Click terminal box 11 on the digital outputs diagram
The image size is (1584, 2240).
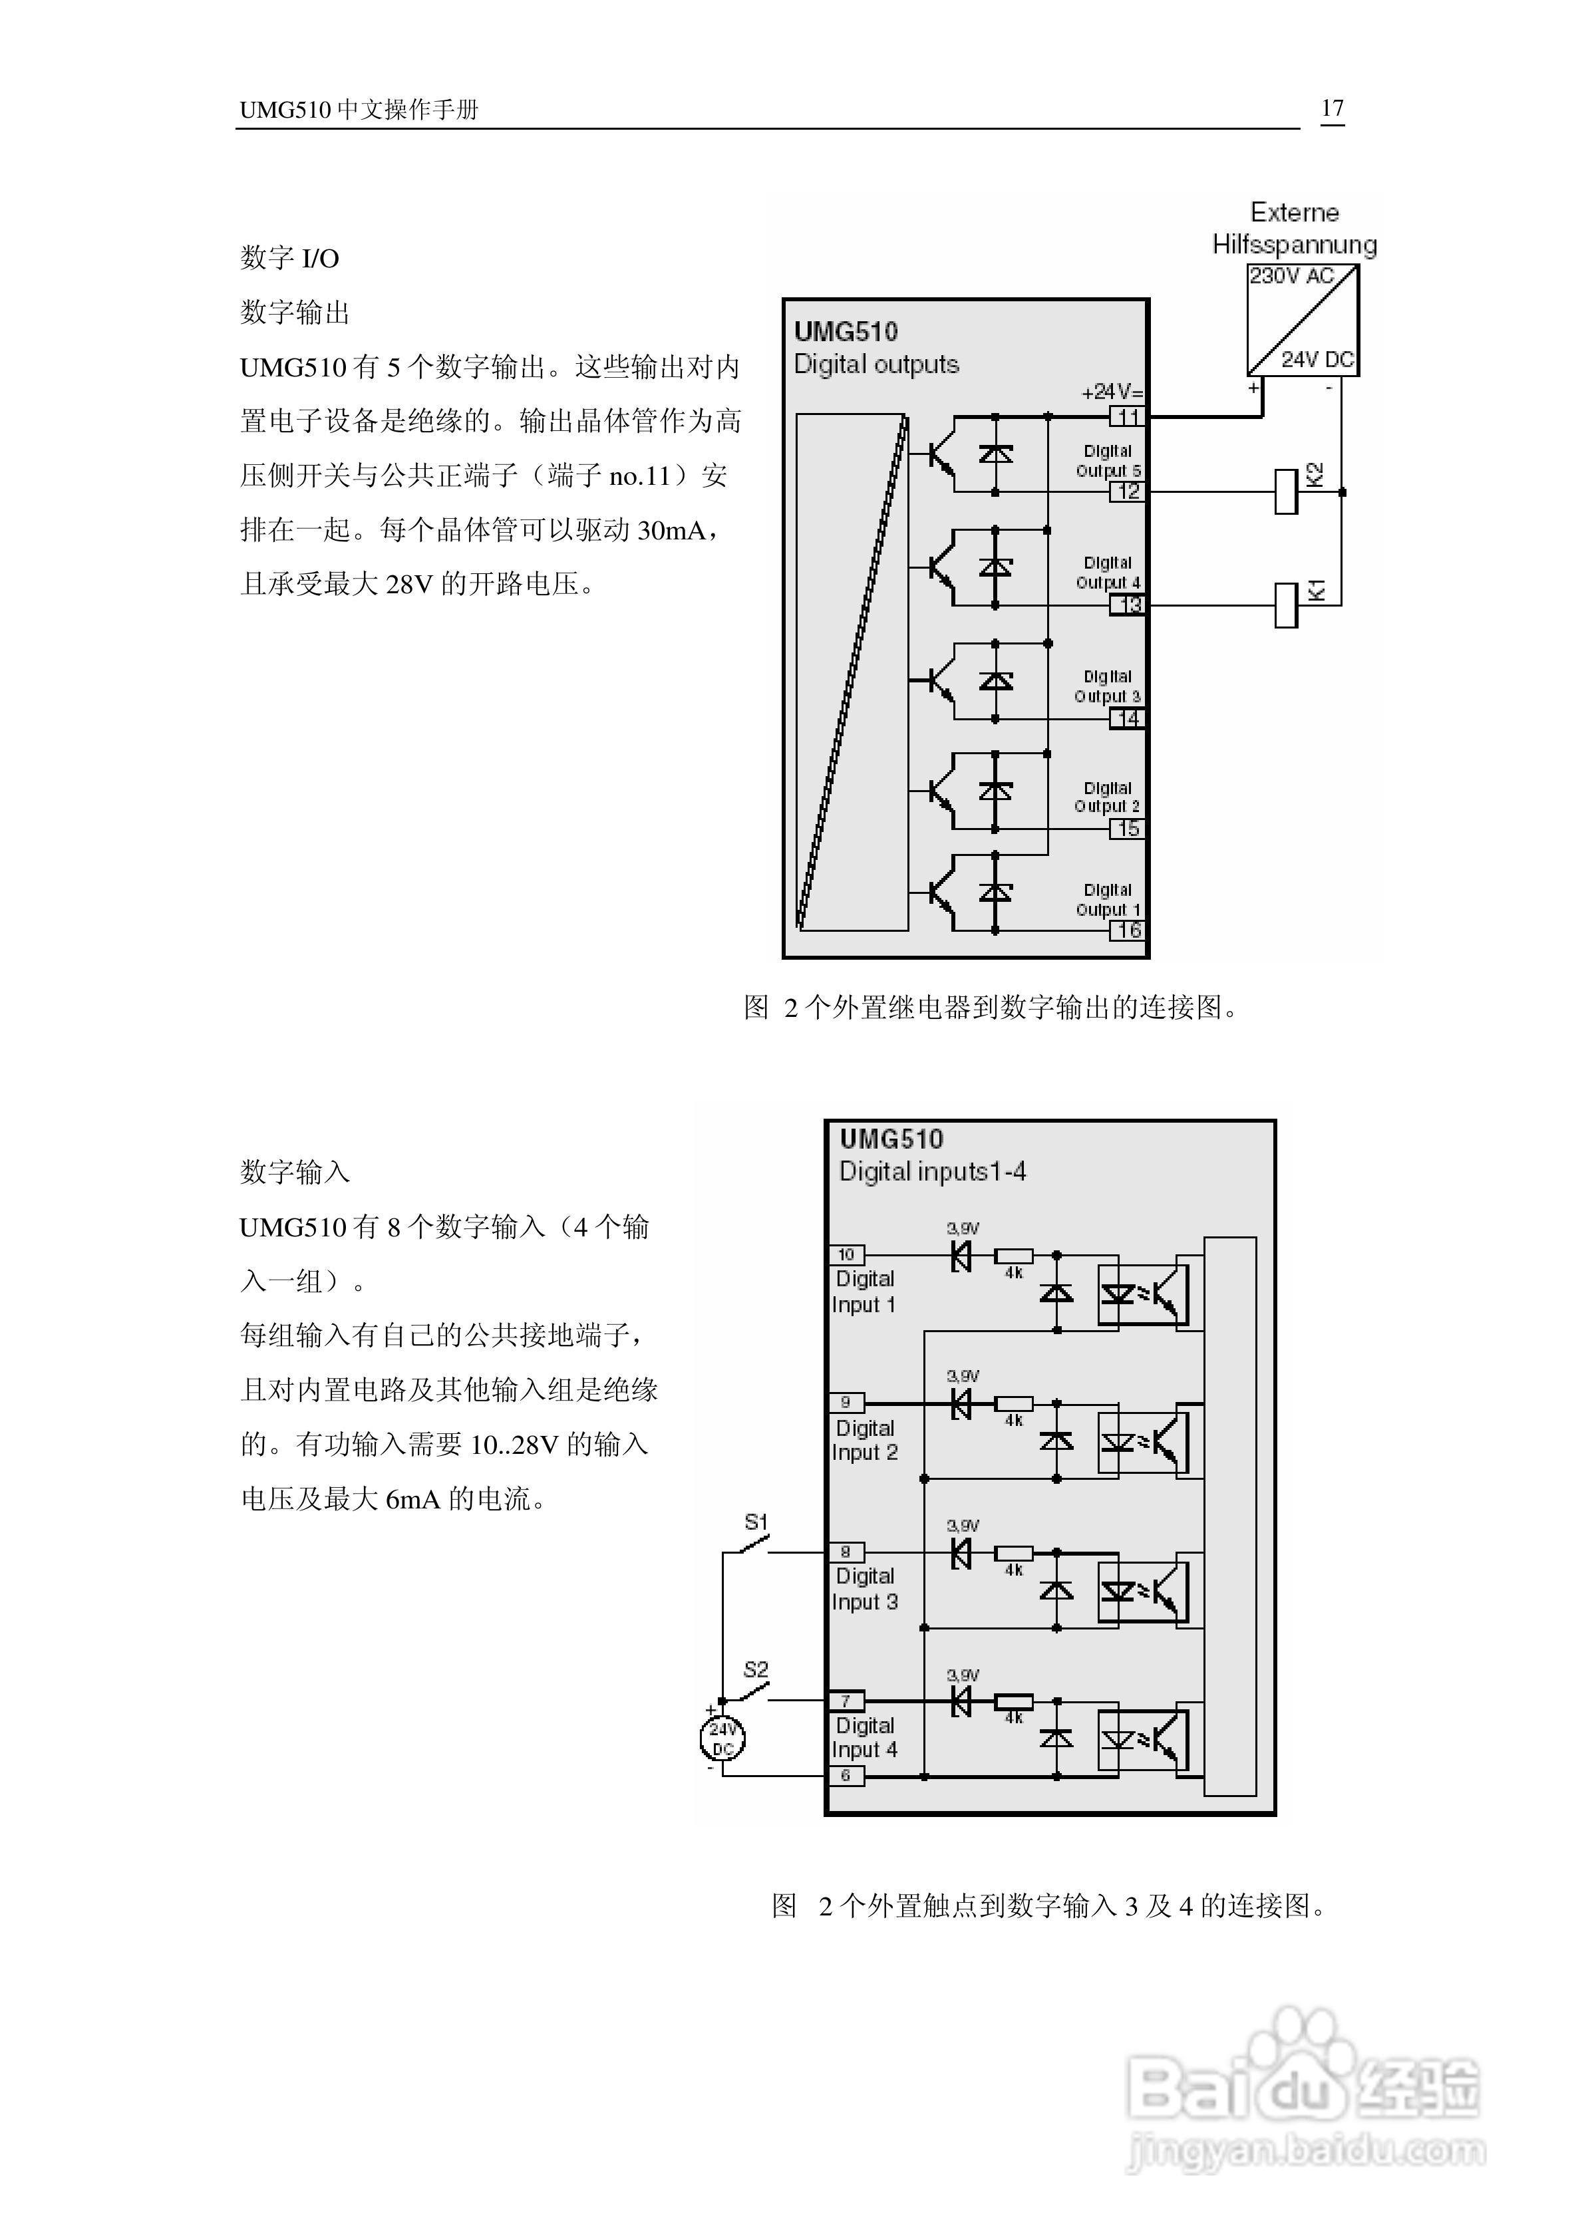(1127, 418)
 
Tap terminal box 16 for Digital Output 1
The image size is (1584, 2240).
(1127, 930)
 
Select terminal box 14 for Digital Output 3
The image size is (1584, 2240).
(1127, 719)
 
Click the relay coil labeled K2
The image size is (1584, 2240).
(1287, 491)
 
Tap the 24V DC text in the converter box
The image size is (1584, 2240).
(1317, 359)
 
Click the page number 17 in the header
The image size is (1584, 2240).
(1333, 108)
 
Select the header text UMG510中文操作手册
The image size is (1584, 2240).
(359, 109)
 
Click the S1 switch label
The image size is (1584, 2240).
(756, 1521)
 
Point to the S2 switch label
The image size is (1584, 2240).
(756, 1669)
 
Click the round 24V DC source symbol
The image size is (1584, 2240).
(722, 1739)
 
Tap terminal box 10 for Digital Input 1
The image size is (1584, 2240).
(846, 1254)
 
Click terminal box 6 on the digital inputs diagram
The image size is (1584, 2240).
(846, 1776)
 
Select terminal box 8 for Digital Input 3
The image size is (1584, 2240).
(846, 1551)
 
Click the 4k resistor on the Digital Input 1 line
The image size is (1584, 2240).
(1014, 1256)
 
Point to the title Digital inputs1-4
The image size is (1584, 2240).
(933, 1172)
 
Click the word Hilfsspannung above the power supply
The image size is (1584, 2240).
(1294, 245)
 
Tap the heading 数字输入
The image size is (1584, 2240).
(295, 1172)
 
